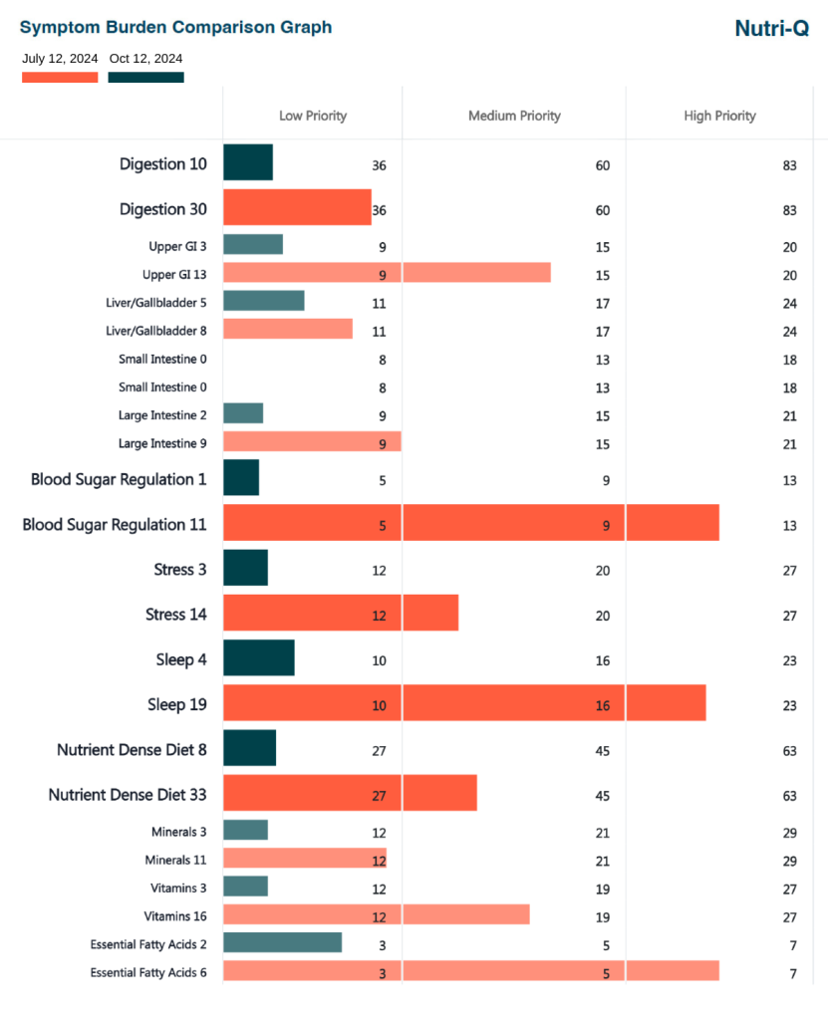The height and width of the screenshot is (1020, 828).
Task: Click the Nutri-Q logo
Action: [x=771, y=28]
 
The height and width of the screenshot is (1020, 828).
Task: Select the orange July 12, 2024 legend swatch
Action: [x=60, y=77]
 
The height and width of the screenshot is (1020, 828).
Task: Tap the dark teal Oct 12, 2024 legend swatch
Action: [x=145, y=77]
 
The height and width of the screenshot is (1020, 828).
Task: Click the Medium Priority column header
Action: [x=514, y=116]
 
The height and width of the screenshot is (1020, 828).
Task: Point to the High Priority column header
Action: [x=719, y=116]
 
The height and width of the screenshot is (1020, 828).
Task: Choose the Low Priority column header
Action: [x=313, y=116]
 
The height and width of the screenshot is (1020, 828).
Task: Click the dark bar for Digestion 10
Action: [x=248, y=162]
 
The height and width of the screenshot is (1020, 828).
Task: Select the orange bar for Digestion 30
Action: [x=297, y=207]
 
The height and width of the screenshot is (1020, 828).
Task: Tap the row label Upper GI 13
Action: [x=174, y=274]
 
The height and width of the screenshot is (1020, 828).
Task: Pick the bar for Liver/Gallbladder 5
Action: [x=264, y=301]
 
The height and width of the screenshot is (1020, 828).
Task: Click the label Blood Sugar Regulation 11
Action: [x=115, y=524]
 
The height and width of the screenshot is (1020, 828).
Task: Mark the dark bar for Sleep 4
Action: [x=259, y=658]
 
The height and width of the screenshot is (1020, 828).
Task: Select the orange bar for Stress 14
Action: [x=341, y=613]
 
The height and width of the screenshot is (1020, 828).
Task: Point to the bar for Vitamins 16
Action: [x=376, y=914]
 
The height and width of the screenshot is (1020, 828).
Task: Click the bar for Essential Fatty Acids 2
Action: [x=282, y=942]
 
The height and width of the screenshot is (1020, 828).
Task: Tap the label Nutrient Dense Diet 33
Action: [x=128, y=794]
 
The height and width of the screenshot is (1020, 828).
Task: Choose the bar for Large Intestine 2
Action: [x=243, y=413]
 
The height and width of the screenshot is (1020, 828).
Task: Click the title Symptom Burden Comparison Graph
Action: [x=176, y=27]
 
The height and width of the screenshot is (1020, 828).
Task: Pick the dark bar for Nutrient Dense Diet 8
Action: [x=250, y=748]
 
